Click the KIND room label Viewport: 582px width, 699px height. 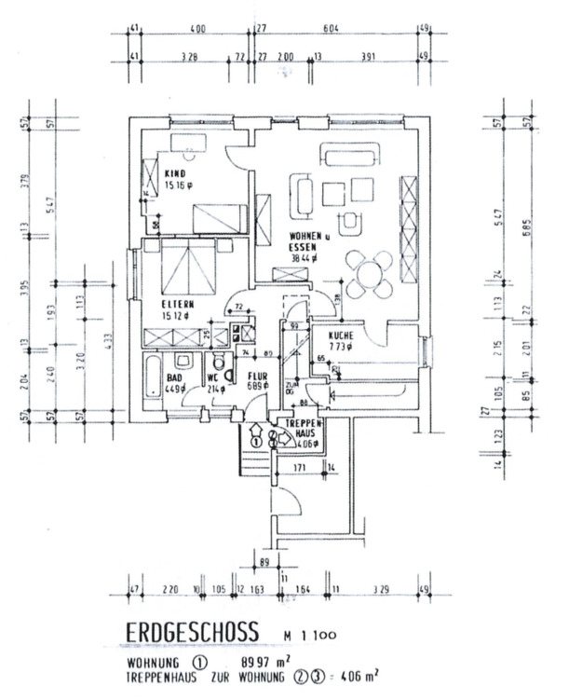pyautogui.click(x=174, y=174)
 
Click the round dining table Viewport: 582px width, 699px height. pyautogui.click(x=370, y=271)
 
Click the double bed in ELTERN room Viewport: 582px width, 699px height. pyautogui.click(x=188, y=267)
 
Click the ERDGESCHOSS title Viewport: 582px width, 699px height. pyautogui.click(x=192, y=633)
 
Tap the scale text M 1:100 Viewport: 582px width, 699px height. pyautogui.click(x=311, y=636)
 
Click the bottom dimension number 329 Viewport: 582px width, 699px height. pyautogui.click(x=380, y=590)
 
